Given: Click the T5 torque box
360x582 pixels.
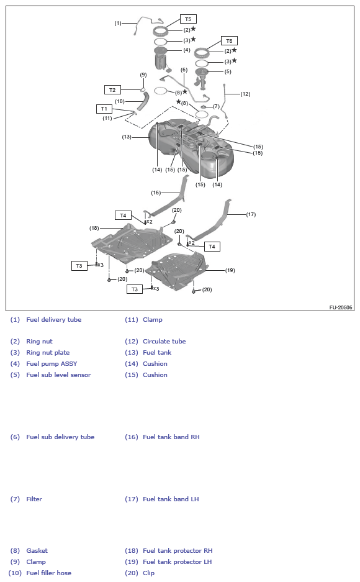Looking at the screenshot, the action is pos(188,19).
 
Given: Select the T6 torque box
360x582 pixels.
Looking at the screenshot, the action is pos(229,41).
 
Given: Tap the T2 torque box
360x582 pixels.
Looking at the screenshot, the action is pos(112,90).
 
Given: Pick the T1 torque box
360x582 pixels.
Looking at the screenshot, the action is pos(104,109).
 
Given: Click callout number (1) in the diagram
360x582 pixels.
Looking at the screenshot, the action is pos(118,23).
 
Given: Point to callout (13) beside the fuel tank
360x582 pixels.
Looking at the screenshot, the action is pos(127,137).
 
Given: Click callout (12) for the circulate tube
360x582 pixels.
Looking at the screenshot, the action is pos(245,94).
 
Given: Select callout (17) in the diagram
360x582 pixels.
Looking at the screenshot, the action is pos(251,214).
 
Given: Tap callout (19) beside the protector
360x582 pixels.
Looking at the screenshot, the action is pos(230,270).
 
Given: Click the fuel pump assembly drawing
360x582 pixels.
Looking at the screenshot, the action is pos(161,58).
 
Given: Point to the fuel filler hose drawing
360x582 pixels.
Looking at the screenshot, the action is pos(142,101).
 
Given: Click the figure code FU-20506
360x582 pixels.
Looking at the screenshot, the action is pos(341,307).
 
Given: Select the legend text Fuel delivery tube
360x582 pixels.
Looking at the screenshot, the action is pos(54,320).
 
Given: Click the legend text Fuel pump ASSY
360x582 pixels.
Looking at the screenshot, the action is pos(52,364).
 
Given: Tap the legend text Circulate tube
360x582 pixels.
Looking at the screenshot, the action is pos(164,342).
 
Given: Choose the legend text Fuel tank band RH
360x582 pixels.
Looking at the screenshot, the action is pos(171,437).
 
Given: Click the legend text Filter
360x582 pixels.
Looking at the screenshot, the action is pos(34,499).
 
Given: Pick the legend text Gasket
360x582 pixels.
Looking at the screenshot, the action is pos(37,551).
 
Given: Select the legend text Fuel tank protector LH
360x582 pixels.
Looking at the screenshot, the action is pos(178,562).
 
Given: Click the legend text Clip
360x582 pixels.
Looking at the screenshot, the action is pos(149,573).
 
